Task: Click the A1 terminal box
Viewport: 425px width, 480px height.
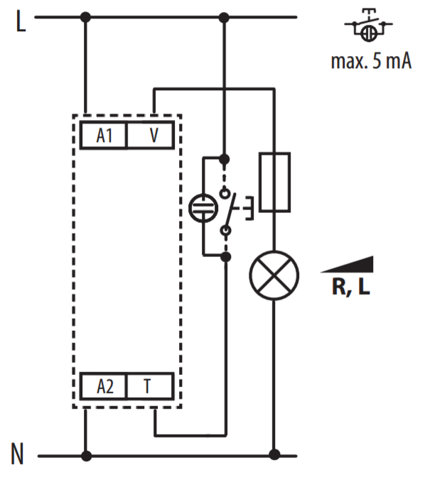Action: coord(103,135)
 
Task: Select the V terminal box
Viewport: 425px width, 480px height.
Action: coord(151,135)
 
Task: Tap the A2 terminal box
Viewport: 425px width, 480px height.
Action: coord(103,386)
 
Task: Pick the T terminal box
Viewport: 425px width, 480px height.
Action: coord(151,386)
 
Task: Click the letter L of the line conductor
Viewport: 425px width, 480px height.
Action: coord(21,21)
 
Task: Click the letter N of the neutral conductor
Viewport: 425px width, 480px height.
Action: coord(17,454)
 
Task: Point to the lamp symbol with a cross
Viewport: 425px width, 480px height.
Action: coord(274,276)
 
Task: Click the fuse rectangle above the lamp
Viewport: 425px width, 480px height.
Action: coord(274,182)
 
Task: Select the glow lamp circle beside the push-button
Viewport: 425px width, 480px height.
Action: coord(203,208)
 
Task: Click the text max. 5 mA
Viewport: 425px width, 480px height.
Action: coord(371,61)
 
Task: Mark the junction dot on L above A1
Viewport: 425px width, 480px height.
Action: coord(85,17)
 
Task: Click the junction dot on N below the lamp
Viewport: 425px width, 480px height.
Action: coord(274,454)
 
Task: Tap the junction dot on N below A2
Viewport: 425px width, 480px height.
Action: coord(86,456)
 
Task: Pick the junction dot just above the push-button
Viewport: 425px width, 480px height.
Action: coord(225,159)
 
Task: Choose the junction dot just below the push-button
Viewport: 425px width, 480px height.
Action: coord(226,256)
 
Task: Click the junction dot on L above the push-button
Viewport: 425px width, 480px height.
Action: coord(225,18)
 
